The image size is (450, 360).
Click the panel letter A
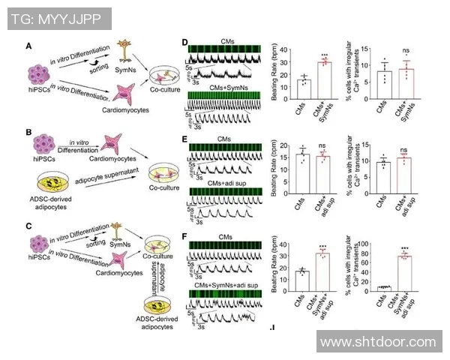[x=28, y=46]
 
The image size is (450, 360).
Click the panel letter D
[x=185, y=43]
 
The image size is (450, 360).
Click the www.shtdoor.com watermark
[x=379, y=342]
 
